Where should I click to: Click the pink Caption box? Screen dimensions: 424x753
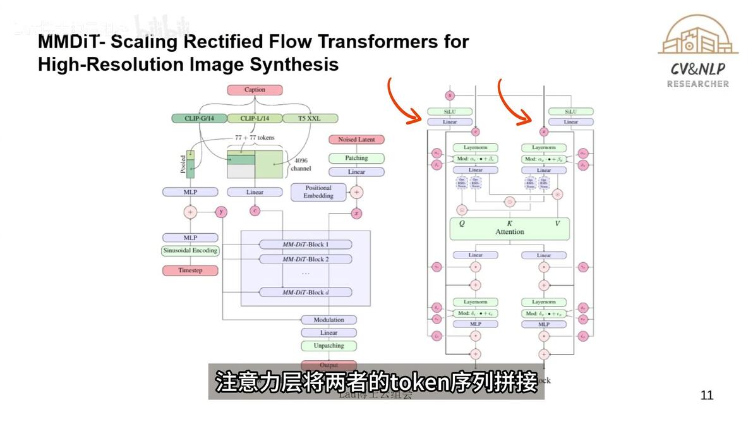pyautogui.click(x=255, y=90)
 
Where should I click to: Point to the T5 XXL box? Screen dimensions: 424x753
pyautogui.click(x=310, y=118)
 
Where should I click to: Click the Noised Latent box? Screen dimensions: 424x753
pyautogui.click(x=356, y=140)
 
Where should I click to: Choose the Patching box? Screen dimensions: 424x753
pyautogui.click(x=356, y=158)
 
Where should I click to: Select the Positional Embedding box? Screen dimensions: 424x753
pyautogui.click(x=318, y=192)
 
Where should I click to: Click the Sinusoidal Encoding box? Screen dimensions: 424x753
pyautogui.click(x=190, y=250)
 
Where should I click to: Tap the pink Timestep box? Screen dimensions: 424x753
pyautogui.click(x=190, y=270)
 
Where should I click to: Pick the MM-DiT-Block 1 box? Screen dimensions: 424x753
pyautogui.click(x=306, y=244)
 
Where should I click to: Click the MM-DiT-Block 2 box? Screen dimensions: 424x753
pyautogui.click(x=306, y=259)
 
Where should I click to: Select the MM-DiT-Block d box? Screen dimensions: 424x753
pyautogui.click(x=306, y=292)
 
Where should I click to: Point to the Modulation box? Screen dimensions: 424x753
pyautogui.click(x=328, y=320)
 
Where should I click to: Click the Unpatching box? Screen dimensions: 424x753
pyautogui.click(x=328, y=346)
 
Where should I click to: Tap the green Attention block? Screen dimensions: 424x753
pyautogui.click(x=509, y=228)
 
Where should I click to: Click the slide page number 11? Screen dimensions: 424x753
pyautogui.click(x=707, y=396)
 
